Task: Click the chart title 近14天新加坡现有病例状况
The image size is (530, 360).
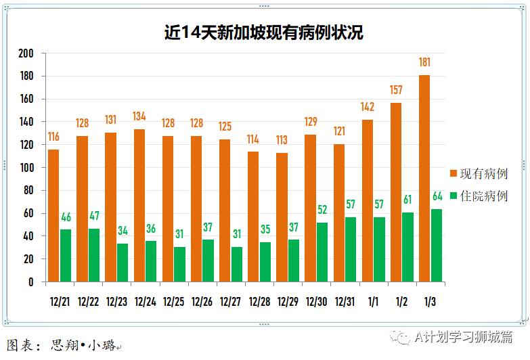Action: point(264,33)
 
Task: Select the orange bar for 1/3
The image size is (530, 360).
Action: point(424,178)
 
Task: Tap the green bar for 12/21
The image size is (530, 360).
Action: point(66,255)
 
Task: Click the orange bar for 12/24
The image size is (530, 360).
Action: point(139,205)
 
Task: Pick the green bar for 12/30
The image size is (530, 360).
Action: point(323,252)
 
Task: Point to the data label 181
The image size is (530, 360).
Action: point(424,63)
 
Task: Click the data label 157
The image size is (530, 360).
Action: point(396,90)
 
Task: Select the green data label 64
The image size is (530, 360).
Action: point(437,197)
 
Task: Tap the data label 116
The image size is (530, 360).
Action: point(53,137)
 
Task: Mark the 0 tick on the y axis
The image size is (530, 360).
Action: point(30,282)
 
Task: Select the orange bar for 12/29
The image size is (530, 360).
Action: point(282,217)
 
